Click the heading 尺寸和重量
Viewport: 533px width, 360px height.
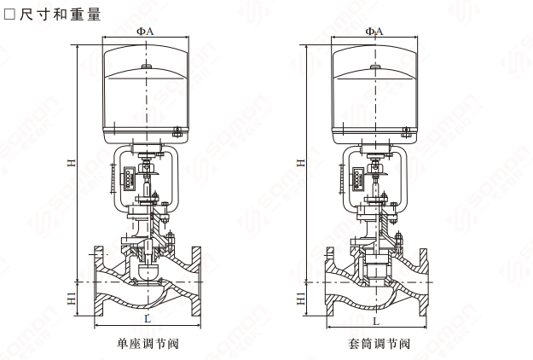(x=61, y=15)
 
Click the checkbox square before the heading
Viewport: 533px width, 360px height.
(x=9, y=15)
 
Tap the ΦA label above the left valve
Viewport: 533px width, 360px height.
(x=145, y=32)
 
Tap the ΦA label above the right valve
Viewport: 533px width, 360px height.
(x=374, y=32)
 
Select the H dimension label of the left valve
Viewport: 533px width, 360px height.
(x=72, y=163)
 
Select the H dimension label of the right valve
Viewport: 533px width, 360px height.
(x=301, y=163)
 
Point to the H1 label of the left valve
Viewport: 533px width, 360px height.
(x=72, y=298)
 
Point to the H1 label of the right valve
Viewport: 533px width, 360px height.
(x=301, y=298)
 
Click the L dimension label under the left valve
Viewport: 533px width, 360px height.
(x=148, y=318)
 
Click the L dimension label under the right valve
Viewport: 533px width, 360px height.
(x=376, y=321)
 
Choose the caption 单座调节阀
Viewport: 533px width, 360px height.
(x=148, y=344)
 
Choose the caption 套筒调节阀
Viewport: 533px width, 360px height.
(x=379, y=344)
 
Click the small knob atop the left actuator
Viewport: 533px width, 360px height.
(x=146, y=67)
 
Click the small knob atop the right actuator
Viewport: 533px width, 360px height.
(x=375, y=67)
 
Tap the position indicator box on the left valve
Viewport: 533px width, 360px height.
(x=129, y=177)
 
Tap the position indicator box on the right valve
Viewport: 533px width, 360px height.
(x=357, y=178)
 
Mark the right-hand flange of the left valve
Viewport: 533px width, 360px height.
(x=196, y=282)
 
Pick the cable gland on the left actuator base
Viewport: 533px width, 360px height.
(x=177, y=131)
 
